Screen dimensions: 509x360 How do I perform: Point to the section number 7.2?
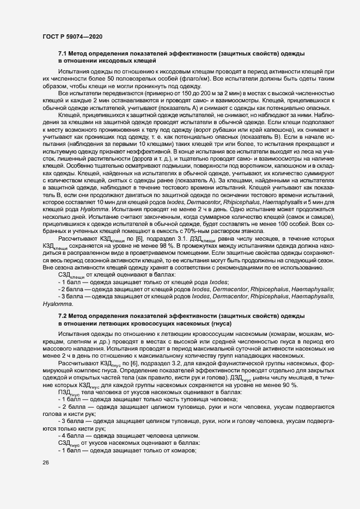[x=63, y=316]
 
